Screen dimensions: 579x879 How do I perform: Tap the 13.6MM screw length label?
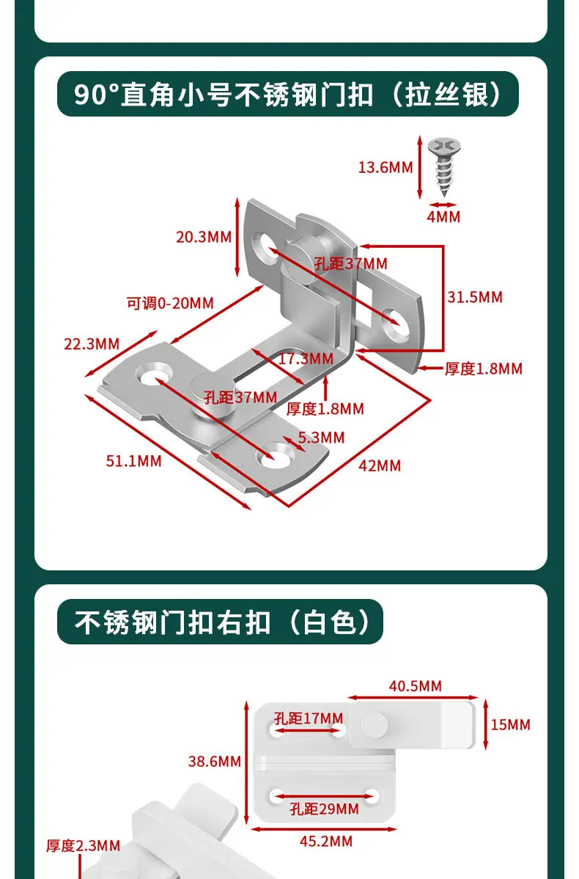(386, 167)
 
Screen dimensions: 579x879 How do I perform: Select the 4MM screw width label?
(443, 217)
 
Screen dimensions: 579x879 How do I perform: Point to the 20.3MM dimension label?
(204, 237)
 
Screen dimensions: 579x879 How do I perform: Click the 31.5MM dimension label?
(475, 297)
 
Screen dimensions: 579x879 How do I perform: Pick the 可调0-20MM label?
(170, 304)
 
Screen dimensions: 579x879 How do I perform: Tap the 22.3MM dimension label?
(92, 344)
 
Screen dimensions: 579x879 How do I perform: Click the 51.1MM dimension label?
(133, 461)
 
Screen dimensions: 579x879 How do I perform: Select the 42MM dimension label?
(380, 466)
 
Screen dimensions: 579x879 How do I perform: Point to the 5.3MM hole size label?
(321, 437)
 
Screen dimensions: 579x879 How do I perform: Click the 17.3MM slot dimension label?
(306, 358)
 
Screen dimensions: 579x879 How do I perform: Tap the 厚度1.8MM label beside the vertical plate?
(484, 369)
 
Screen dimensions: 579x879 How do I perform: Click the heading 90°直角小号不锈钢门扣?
(224, 94)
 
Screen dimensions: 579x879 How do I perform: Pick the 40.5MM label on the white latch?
(416, 686)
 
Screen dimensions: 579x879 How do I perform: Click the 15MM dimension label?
(511, 725)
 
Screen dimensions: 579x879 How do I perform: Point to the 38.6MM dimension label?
(215, 761)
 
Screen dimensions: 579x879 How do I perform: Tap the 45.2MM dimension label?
(326, 842)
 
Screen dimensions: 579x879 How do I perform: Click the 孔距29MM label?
(325, 809)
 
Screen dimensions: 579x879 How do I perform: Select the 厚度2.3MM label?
(84, 846)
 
